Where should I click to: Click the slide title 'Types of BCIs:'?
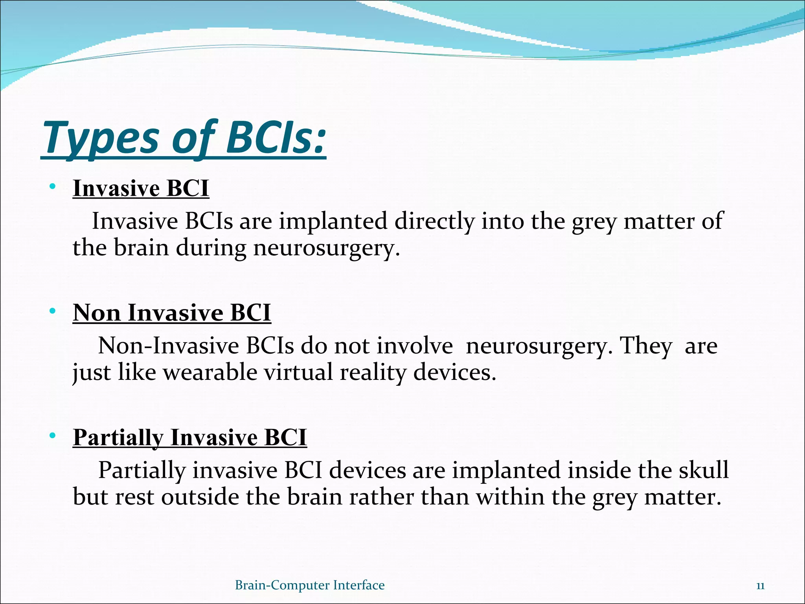(184, 138)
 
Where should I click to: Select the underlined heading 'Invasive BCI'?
(141, 188)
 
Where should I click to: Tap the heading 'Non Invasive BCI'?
(172, 313)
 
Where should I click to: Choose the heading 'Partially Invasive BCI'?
(189, 437)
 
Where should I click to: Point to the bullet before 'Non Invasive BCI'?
(52, 311)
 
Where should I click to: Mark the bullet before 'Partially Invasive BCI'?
(52, 436)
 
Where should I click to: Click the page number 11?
(760, 586)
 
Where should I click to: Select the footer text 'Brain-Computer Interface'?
(309, 585)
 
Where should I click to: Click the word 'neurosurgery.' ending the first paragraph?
(326, 249)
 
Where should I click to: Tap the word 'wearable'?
(210, 372)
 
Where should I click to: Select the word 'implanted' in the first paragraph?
(333, 221)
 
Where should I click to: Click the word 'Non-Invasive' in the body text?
(168, 346)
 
